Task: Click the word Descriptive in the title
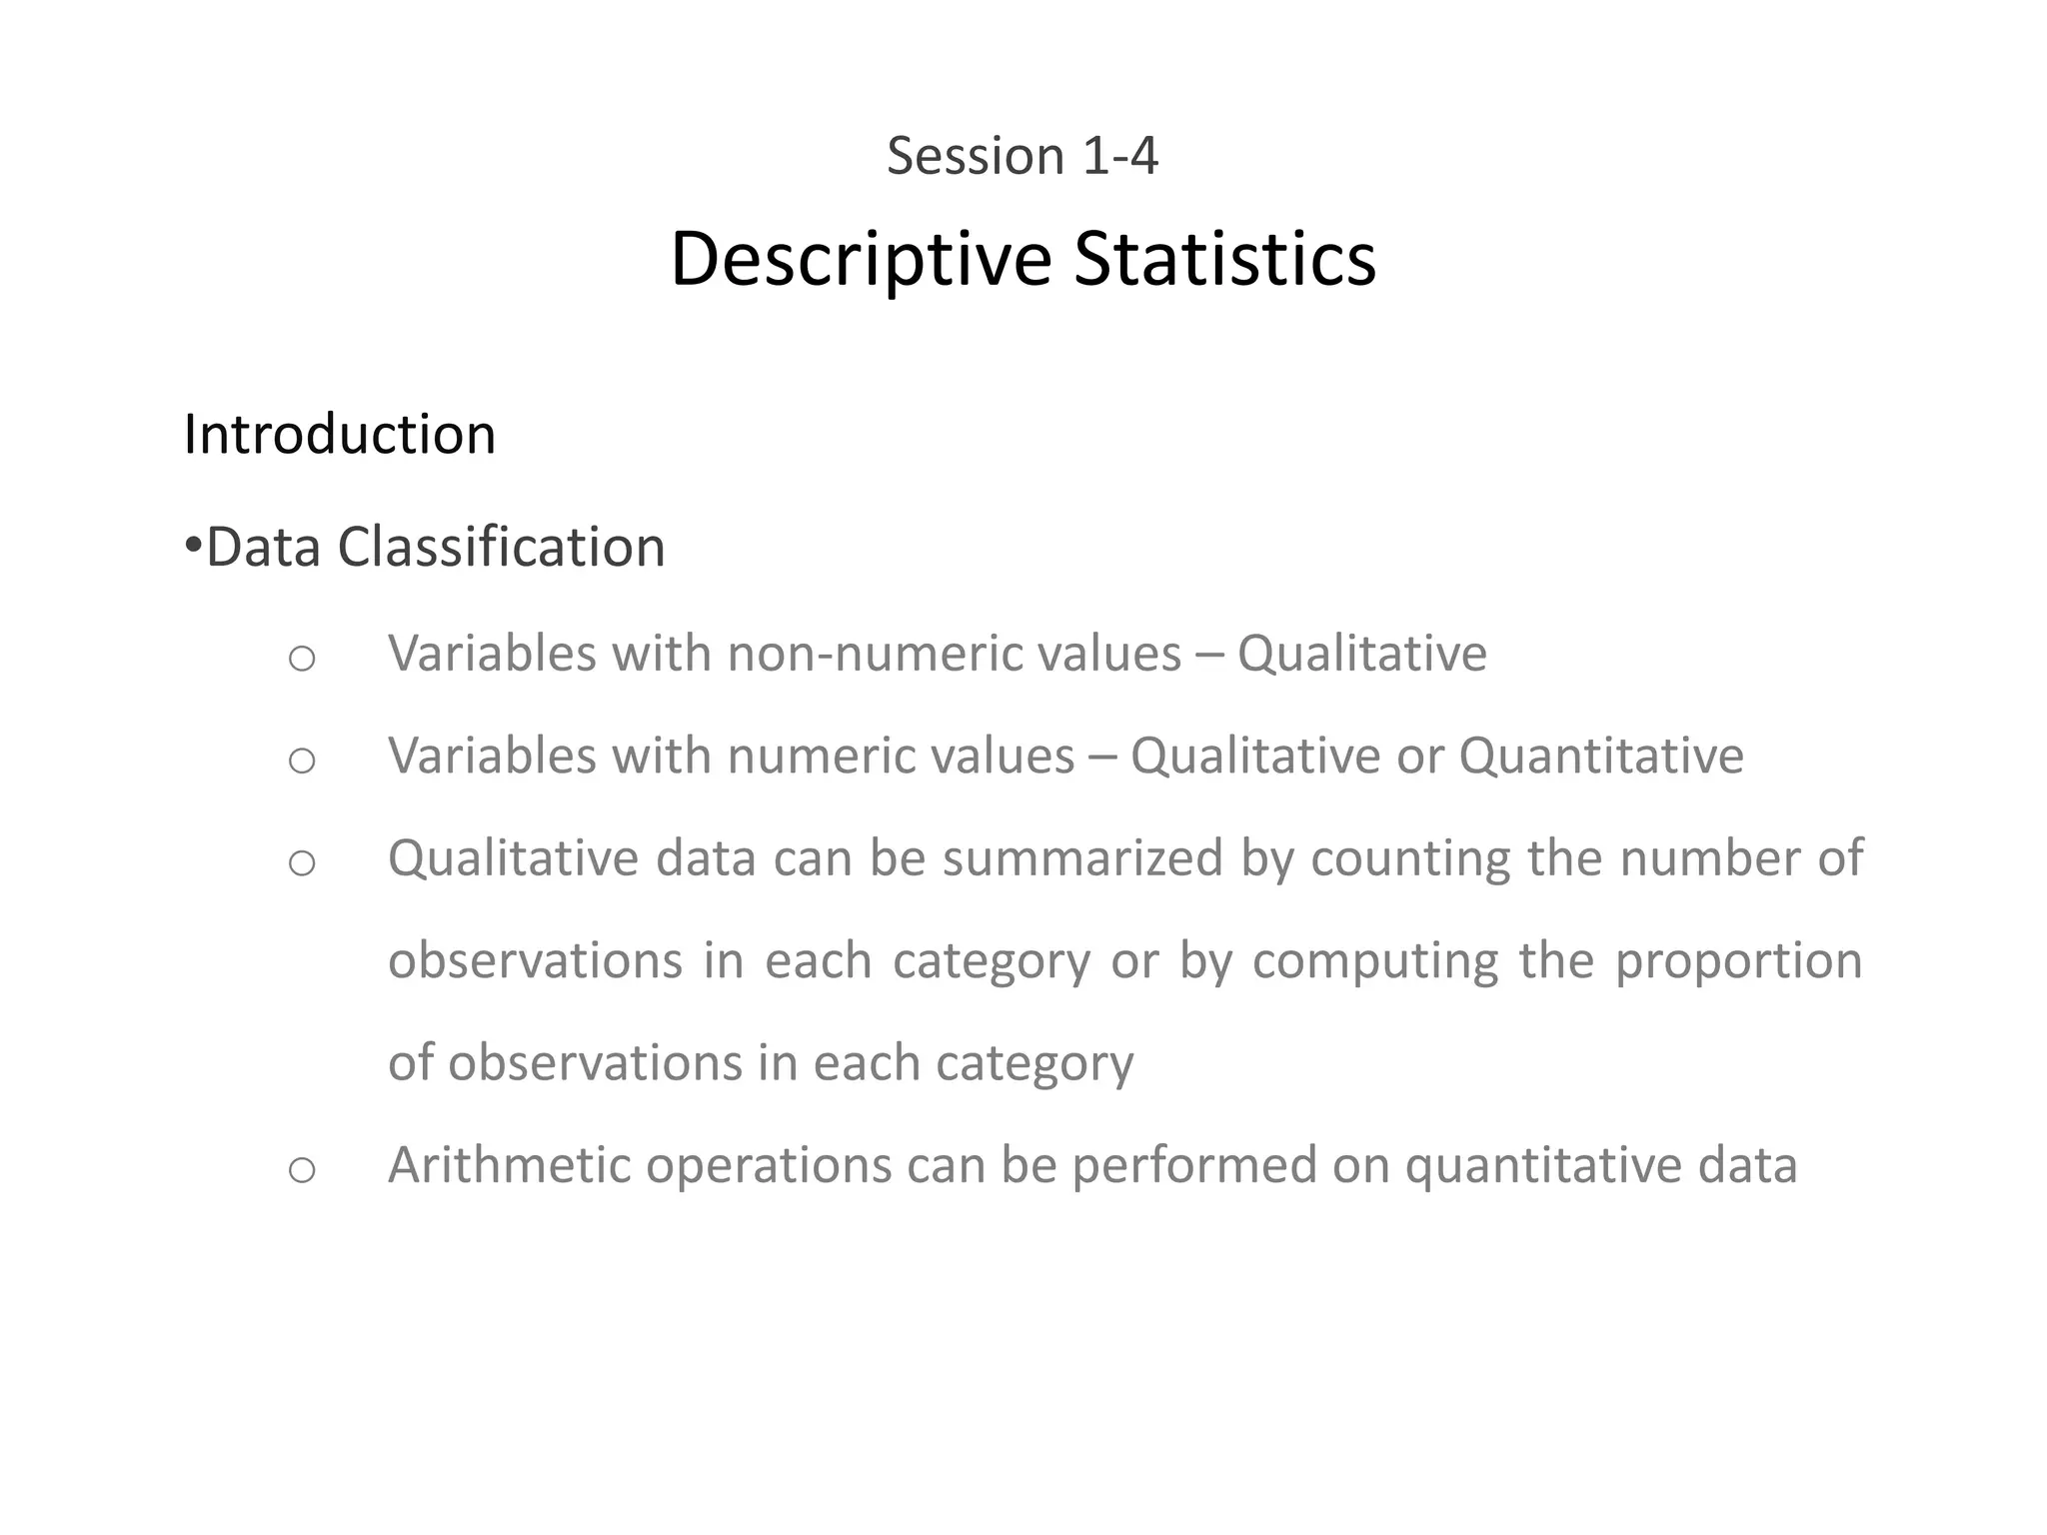pyautogui.click(x=861, y=260)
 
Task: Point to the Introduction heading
pyautogui.click(x=340, y=435)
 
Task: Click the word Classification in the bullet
pyautogui.click(x=501, y=548)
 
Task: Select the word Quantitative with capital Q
pyautogui.click(x=1601, y=756)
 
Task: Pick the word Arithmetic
pyautogui.click(x=509, y=1165)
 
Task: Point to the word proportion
pyautogui.click(x=1738, y=961)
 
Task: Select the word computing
pyautogui.click(x=1375, y=961)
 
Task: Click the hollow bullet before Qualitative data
pyautogui.click(x=301, y=862)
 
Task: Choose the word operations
pyautogui.click(x=769, y=1165)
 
